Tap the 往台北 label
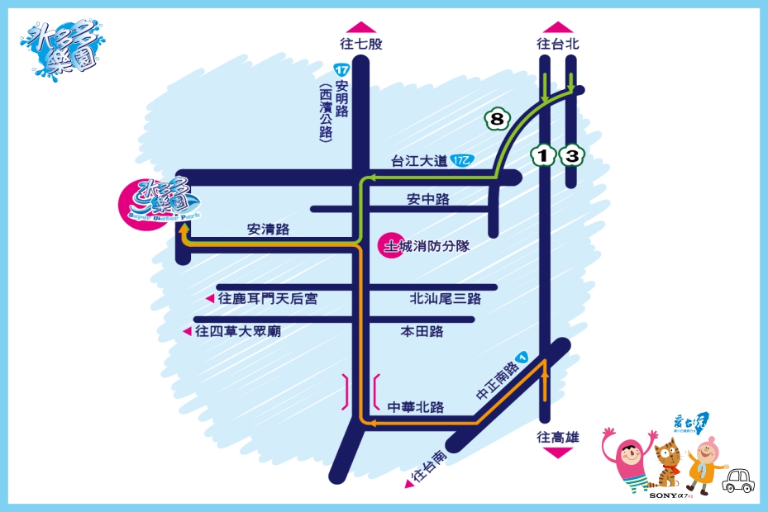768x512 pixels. [558, 45]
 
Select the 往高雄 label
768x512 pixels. [558, 438]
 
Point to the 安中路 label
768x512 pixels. [428, 199]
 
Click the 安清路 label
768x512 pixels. [268, 230]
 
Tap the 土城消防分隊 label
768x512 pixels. [427, 246]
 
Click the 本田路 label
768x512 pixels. [422, 331]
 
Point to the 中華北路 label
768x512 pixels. [416, 407]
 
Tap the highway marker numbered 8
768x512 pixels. [496, 120]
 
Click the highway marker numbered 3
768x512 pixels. [571, 154]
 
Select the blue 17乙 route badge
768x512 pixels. [462, 161]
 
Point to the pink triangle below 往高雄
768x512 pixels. [558, 453]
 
